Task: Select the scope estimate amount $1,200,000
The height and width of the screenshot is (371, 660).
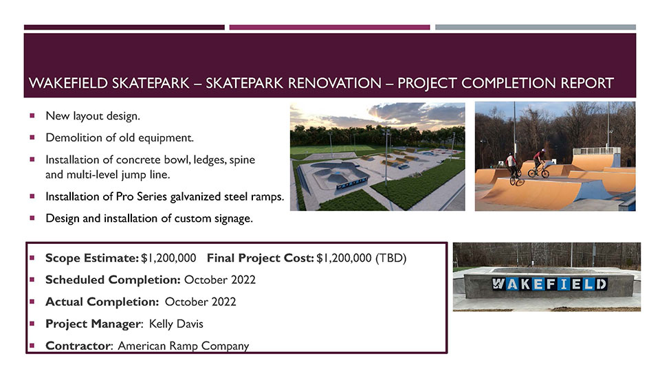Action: point(168,258)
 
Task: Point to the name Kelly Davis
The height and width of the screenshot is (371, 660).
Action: point(176,324)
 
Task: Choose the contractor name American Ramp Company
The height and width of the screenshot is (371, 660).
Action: point(184,346)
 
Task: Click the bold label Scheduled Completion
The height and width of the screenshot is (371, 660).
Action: point(113,280)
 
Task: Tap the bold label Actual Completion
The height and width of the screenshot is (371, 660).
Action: point(102,302)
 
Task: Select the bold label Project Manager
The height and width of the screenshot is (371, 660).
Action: point(93,324)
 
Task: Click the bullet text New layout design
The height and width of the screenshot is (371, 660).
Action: point(93,115)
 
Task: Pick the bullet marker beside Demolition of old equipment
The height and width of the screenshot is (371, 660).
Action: point(32,137)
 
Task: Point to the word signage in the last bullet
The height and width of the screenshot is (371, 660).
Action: point(233,218)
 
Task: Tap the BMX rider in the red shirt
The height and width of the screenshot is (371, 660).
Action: point(538,164)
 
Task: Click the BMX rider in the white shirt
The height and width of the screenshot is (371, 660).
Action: point(513,169)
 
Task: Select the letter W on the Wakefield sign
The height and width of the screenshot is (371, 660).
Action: point(498,284)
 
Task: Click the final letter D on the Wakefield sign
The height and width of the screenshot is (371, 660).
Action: point(601,284)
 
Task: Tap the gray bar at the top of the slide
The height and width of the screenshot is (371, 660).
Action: point(536,27)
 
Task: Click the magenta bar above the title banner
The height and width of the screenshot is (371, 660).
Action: point(329,27)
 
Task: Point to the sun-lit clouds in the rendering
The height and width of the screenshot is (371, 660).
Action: point(404,115)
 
